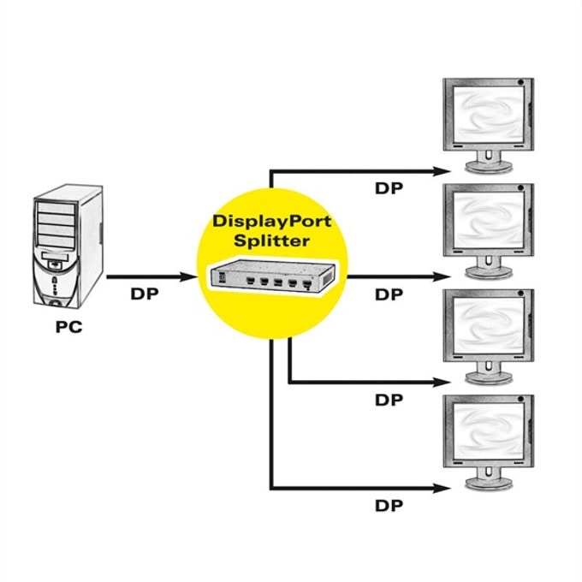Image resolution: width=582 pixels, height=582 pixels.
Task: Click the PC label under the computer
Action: [68, 327]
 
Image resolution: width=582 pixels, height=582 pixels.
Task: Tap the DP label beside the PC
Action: [145, 294]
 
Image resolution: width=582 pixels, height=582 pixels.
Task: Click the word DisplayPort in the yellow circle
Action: [272, 221]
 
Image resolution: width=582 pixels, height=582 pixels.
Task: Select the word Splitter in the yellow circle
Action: [271, 241]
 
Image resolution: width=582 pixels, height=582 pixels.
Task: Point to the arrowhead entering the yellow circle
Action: [188, 277]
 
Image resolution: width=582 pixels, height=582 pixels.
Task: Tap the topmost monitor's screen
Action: [489, 115]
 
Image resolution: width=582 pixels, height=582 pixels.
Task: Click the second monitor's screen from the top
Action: [489, 220]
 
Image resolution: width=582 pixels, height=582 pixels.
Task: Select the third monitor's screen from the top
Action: [489, 325]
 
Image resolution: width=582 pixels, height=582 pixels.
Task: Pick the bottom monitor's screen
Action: [489, 431]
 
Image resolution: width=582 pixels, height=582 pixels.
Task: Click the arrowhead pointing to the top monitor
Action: [442, 171]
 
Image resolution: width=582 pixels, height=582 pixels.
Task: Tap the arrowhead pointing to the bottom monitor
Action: [442, 489]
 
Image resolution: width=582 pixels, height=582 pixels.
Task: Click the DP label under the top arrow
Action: [389, 188]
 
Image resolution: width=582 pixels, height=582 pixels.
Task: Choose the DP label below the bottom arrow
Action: [389, 506]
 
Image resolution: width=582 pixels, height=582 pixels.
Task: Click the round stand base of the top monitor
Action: [489, 167]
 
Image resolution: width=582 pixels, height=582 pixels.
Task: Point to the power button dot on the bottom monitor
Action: [520, 400]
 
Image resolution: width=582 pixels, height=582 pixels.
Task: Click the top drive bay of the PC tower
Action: [56, 208]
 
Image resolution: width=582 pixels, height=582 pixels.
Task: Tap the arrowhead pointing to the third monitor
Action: [442, 382]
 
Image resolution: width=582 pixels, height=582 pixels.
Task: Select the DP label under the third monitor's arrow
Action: [389, 401]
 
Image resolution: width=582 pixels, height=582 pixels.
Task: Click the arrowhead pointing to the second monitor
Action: [442, 277]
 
